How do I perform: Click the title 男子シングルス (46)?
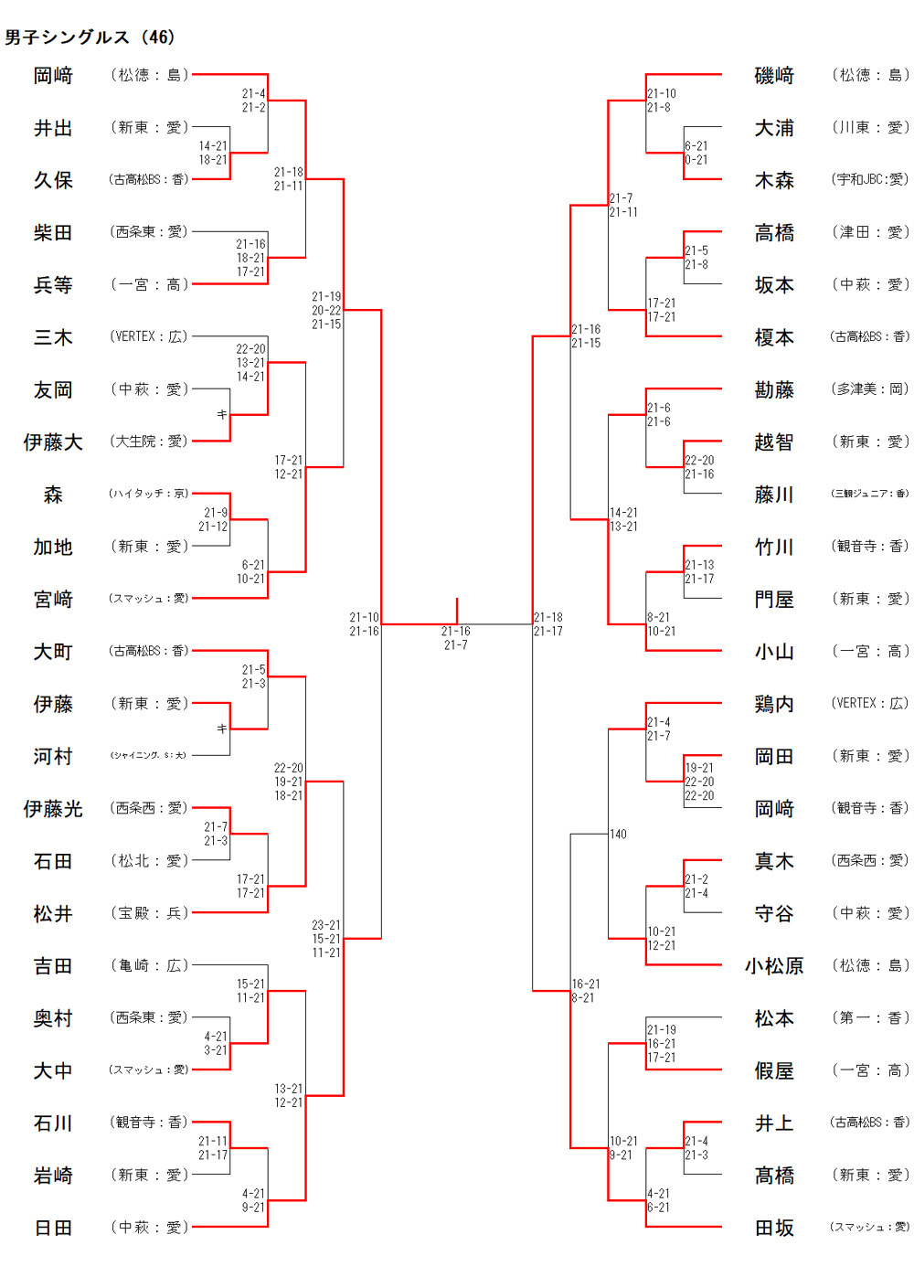click(90, 37)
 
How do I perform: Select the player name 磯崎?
click(774, 76)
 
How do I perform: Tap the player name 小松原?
click(774, 966)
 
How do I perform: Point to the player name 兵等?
click(53, 285)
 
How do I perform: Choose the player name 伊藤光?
click(53, 809)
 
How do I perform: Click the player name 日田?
click(53, 1229)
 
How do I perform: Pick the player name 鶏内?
click(774, 705)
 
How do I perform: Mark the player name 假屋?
click(774, 1071)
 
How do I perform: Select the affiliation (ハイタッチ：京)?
click(149, 494)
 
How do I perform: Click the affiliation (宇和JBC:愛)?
click(870, 180)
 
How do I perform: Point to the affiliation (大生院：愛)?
click(149, 442)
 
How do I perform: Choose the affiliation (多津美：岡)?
click(870, 389)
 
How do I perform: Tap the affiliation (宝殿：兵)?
click(149, 913)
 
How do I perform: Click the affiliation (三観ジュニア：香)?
click(870, 494)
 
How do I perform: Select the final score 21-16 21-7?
click(456, 638)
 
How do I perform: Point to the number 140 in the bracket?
click(619, 835)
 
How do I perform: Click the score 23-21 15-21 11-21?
click(326, 939)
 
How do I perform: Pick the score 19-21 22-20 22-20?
click(699, 782)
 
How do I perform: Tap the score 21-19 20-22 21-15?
click(326, 311)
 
